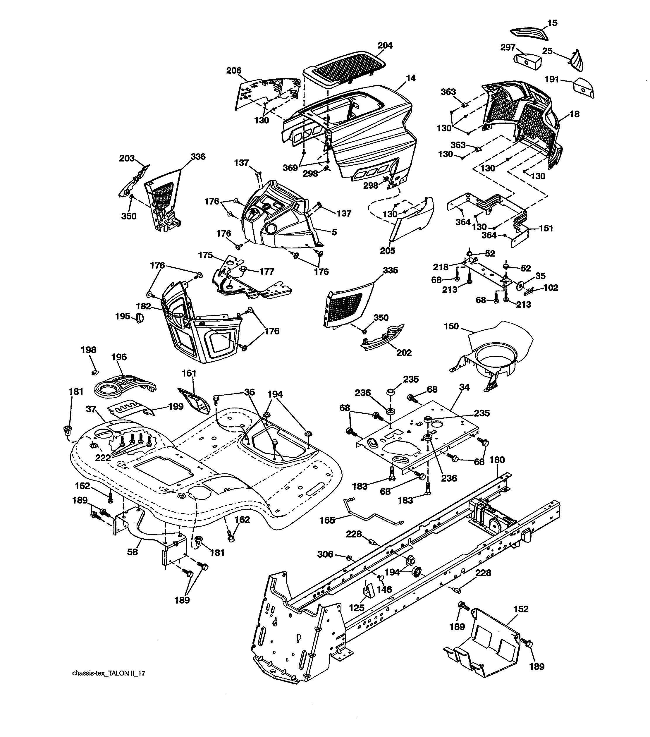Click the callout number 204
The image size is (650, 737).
coord(385,45)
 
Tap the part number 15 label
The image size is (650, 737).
coord(552,23)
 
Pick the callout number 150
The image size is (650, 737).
coord(451,326)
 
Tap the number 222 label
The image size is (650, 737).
coord(103,458)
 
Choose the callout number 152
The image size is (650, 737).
coord(521,609)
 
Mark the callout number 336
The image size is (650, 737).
coord(198,157)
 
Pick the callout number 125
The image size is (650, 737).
coord(357,608)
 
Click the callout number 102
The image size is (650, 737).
coord(551,288)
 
